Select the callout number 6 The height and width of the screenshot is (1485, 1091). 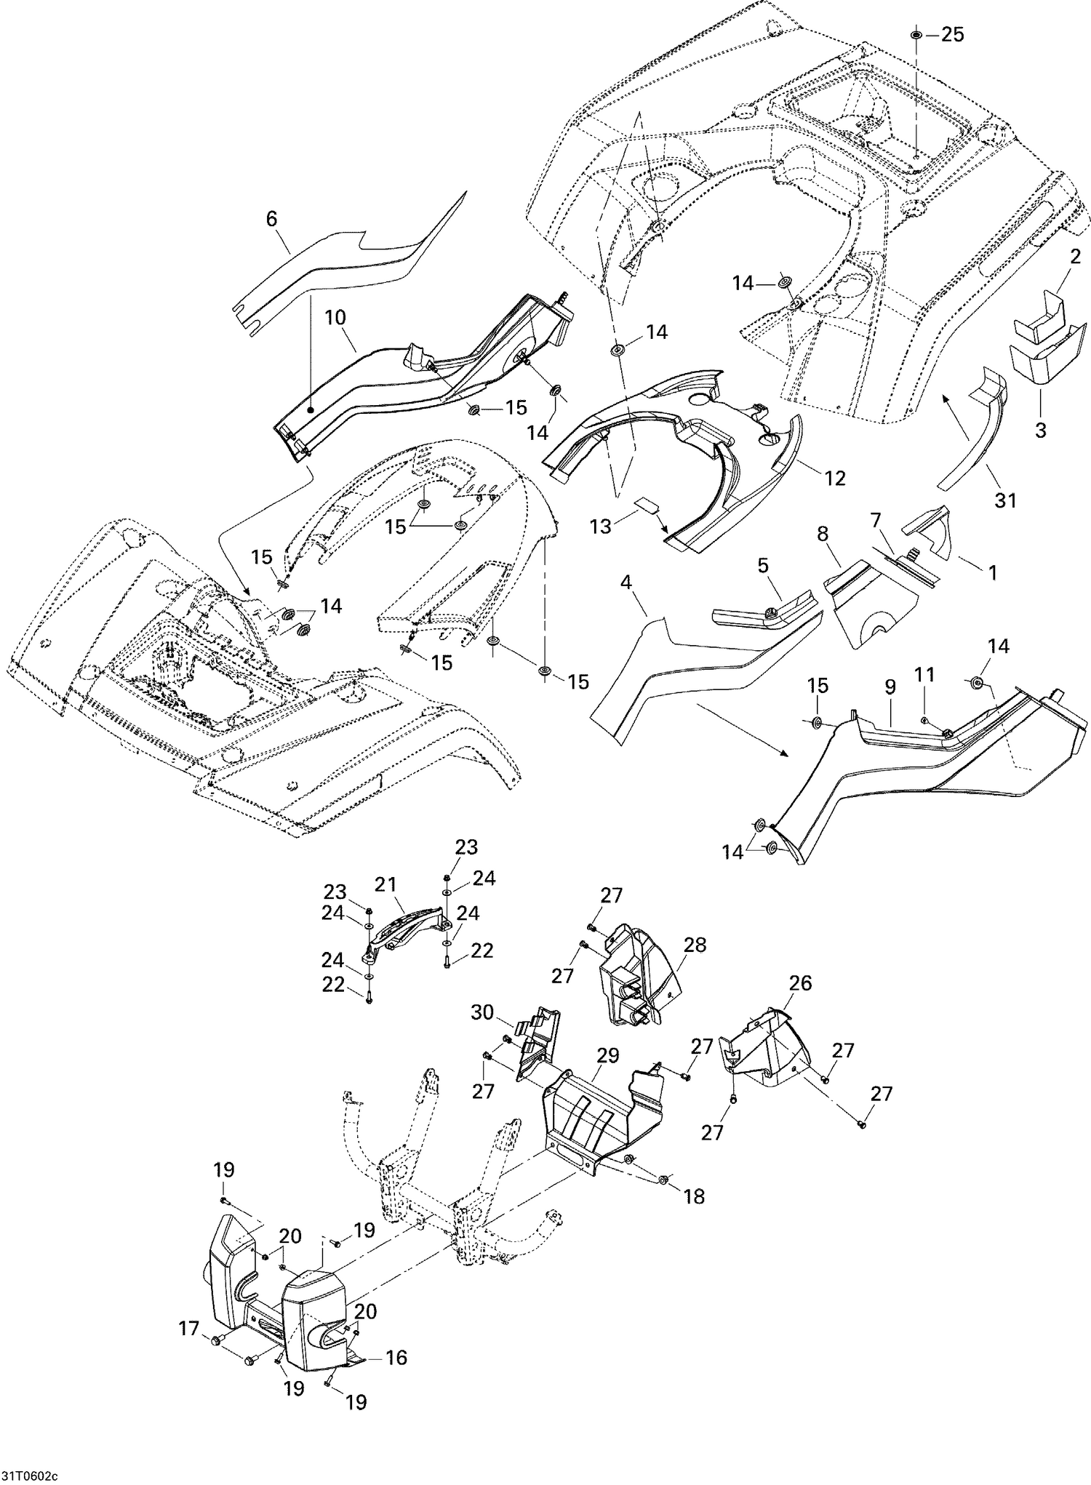[271, 218]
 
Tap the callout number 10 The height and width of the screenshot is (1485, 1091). [335, 317]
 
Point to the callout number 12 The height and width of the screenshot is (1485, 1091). [835, 478]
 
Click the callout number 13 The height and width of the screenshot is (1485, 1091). [601, 526]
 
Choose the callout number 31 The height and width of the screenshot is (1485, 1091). [1005, 500]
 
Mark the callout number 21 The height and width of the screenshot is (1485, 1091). [385, 884]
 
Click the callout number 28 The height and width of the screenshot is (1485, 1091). [695, 945]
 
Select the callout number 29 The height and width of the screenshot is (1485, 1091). [607, 1055]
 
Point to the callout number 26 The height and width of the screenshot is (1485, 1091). [800, 983]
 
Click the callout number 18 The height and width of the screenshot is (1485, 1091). [694, 1196]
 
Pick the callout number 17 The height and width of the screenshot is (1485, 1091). [189, 1329]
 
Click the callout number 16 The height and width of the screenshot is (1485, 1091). [396, 1358]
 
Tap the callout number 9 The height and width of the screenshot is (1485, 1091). [890, 687]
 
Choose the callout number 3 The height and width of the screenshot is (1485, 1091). [1040, 430]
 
